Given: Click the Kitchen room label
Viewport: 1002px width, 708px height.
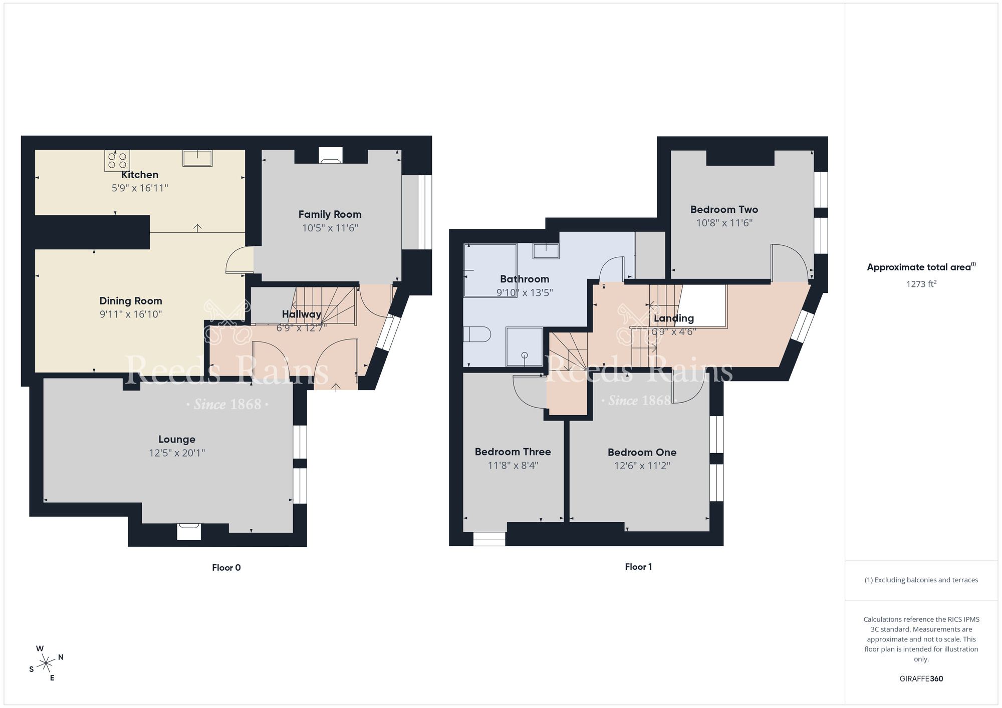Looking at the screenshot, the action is point(140,175).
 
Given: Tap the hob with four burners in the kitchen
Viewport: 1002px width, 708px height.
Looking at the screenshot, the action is point(117,161).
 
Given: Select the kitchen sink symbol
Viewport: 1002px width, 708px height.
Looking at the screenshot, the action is point(197,158).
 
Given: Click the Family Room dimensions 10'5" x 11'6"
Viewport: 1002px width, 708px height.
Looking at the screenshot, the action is point(330,228).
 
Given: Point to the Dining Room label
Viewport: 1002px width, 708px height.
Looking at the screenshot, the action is point(131,301).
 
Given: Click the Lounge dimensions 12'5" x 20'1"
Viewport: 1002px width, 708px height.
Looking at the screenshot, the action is point(177,453).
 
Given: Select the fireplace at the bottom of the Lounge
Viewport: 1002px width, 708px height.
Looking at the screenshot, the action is point(189,532).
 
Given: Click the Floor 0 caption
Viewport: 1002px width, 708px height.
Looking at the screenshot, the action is point(226,568).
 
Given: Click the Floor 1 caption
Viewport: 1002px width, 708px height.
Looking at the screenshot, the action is point(638,567).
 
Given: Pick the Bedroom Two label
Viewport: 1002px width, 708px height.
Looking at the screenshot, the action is point(724,210).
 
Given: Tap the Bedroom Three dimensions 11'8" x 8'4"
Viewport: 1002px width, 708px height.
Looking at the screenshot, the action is point(513,466).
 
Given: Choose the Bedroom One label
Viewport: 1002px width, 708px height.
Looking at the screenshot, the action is point(642,453).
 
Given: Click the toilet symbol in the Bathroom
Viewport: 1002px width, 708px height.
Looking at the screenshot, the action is point(476,334).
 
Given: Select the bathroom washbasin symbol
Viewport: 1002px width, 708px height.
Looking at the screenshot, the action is point(546,251).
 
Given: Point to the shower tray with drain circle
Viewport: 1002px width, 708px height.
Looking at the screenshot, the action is point(524,346).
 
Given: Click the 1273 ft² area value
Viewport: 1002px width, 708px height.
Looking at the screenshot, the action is point(921,284).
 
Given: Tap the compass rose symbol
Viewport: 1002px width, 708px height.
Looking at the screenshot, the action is point(46,664).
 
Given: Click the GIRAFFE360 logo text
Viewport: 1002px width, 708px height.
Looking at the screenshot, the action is point(921,679).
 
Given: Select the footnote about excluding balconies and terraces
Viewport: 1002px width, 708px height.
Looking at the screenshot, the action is point(921,580).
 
